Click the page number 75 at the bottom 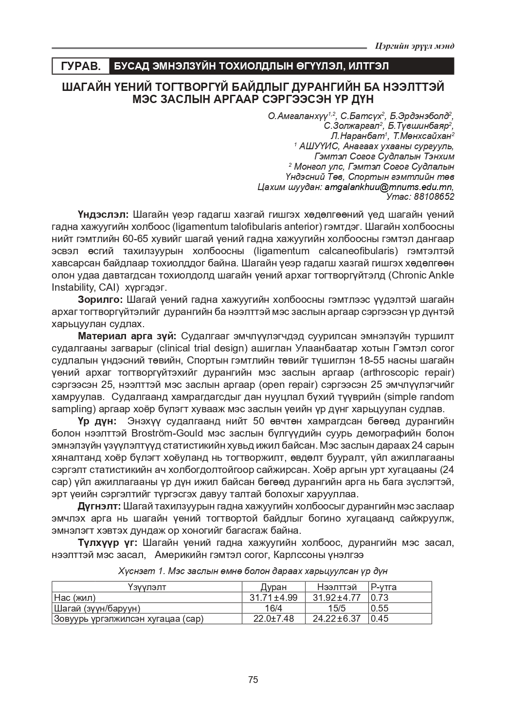click(253, 679)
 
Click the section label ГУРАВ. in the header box click(81, 66)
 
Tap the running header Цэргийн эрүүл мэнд click(415, 46)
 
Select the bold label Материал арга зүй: click(129, 336)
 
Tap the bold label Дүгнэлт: click(99, 506)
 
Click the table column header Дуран click(273, 587)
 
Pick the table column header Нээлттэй click(337, 587)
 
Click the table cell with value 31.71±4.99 click(273, 598)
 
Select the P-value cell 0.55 click(379, 608)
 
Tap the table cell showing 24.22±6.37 click(337, 619)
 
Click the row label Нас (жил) click(75, 598)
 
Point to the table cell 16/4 click(273, 608)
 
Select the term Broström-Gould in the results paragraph click(161, 433)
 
